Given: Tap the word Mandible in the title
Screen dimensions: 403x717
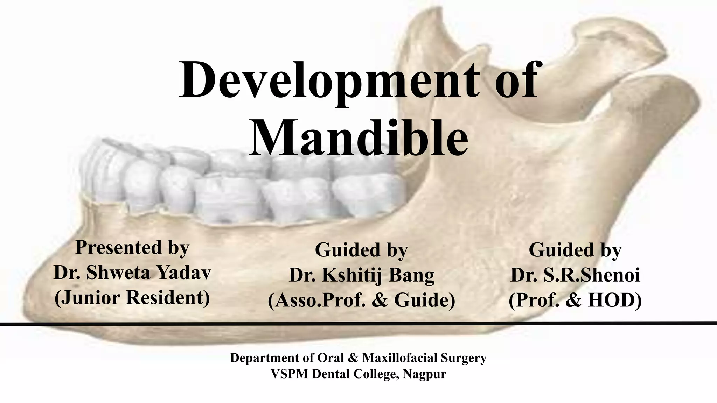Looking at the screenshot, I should (x=358, y=138).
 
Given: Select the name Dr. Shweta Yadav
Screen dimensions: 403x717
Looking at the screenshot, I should (x=132, y=273).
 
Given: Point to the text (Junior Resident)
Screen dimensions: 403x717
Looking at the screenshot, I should (x=132, y=298).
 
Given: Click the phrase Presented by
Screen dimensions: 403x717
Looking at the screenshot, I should (x=132, y=247).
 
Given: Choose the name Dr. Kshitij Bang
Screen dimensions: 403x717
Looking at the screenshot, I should (x=361, y=275).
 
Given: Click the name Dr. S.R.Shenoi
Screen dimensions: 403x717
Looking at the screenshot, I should (x=575, y=275).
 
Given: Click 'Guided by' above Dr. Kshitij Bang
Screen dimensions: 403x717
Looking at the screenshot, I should (x=361, y=250).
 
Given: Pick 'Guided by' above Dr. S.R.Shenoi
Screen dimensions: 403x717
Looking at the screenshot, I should (x=575, y=250).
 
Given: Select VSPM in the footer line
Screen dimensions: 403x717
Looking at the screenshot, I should (x=289, y=374).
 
